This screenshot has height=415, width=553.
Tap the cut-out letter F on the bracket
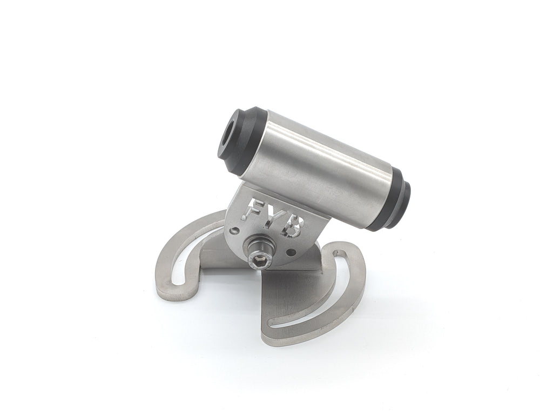257,210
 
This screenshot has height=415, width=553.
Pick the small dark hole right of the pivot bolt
291,252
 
